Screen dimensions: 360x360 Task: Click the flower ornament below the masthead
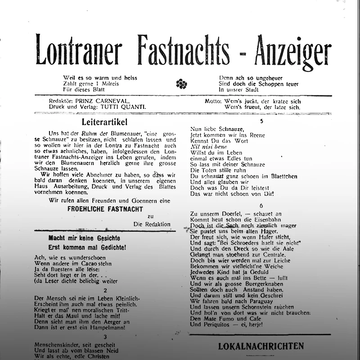[x=181, y=84]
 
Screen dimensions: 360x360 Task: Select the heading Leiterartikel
[x=105, y=122]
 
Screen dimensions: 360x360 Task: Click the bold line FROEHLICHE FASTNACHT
[x=105, y=209]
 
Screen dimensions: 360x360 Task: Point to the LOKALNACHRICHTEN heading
[x=261, y=346]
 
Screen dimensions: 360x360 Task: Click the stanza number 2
[x=105, y=290]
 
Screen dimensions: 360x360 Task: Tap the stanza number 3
[x=105, y=337]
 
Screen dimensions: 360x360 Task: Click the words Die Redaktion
[x=152, y=224]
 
